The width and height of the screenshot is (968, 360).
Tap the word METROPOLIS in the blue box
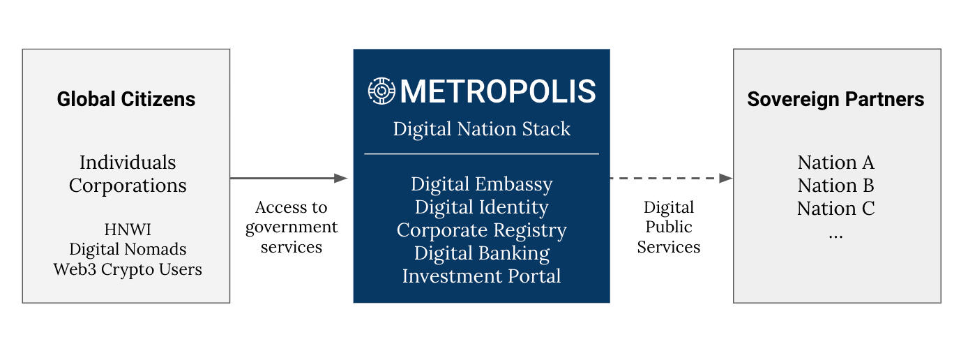[x=498, y=91]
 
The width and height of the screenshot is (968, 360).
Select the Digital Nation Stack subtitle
[x=481, y=129]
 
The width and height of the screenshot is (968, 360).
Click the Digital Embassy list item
[x=481, y=184]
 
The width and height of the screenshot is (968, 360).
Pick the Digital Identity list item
[x=481, y=207]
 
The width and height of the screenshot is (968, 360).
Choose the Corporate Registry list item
[x=481, y=230]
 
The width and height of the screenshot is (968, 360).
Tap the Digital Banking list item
[x=481, y=253]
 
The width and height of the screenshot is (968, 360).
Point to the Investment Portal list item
[x=481, y=276]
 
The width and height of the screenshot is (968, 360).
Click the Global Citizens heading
[x=126, y=99]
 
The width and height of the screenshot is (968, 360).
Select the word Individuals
[x=128, y=163]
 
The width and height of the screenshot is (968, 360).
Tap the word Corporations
[x=128, y=186]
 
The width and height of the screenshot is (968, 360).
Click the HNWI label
[x=128, y=230]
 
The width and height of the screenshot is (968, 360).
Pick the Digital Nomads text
[x=128, y=249]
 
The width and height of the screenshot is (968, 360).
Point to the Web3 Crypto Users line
[x=128, y=269]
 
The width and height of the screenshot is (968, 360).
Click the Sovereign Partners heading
[x=835, y=99]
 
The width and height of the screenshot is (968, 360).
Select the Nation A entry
[x=835, y=163]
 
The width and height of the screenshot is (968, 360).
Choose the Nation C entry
[x=835, y=209]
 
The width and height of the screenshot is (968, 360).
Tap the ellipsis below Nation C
[x=835, y=235]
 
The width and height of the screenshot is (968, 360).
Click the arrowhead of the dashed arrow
[x=726, y=178]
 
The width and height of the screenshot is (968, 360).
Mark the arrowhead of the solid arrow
[x=340, y=178]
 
